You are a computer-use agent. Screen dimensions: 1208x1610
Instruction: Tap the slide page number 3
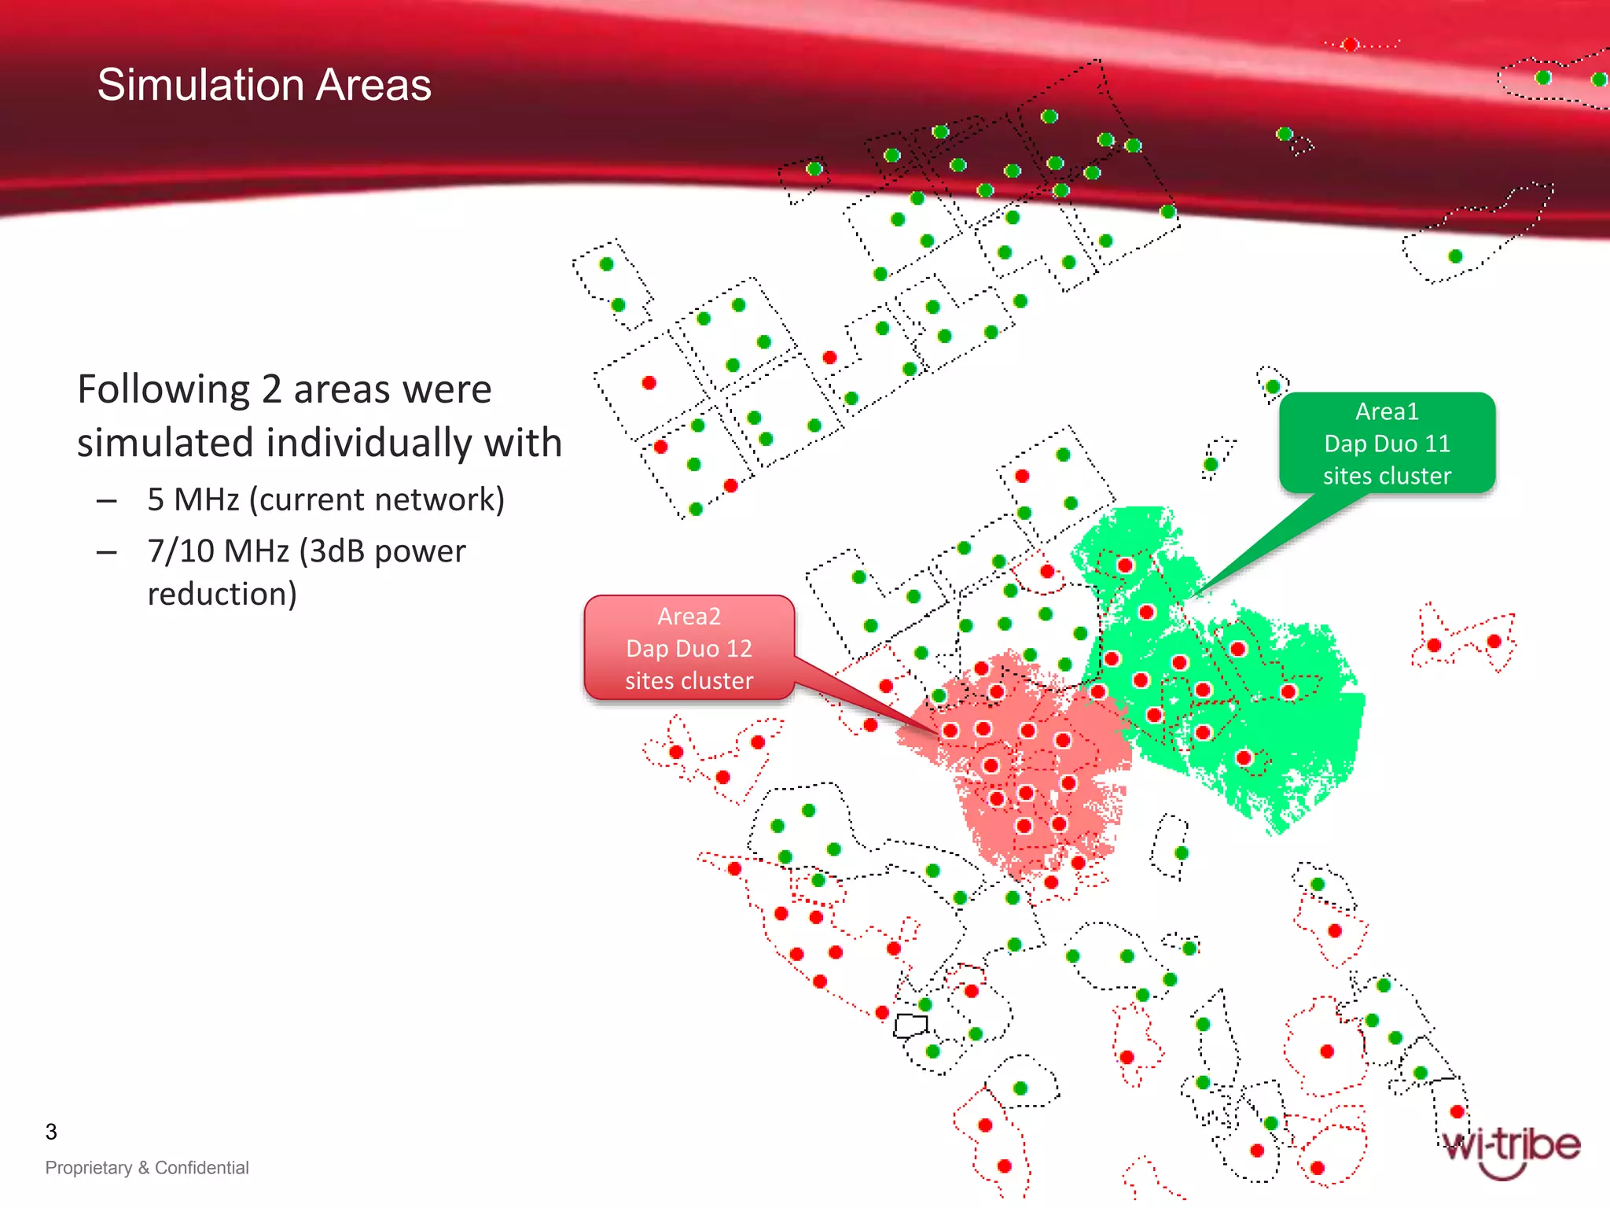coord(51,1132)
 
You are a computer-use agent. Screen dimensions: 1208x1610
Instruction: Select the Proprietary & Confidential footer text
coord(147,1168)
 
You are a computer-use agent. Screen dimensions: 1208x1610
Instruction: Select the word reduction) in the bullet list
coord(222,595)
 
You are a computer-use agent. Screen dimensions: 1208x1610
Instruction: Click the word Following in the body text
coord(164,389)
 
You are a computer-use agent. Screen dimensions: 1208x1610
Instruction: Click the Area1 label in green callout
coord(1387,411)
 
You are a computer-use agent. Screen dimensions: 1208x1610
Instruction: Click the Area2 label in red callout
coord(689,616)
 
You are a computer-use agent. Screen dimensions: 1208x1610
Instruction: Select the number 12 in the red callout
coord(739,649)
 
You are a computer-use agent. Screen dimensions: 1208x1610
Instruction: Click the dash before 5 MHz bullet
coord(107,501)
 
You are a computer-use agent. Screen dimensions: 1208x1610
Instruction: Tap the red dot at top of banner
coord(1350,45)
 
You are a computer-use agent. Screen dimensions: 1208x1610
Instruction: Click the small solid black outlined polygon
coord(910,1025)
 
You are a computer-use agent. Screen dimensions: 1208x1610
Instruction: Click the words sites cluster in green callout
coord(1387,476)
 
